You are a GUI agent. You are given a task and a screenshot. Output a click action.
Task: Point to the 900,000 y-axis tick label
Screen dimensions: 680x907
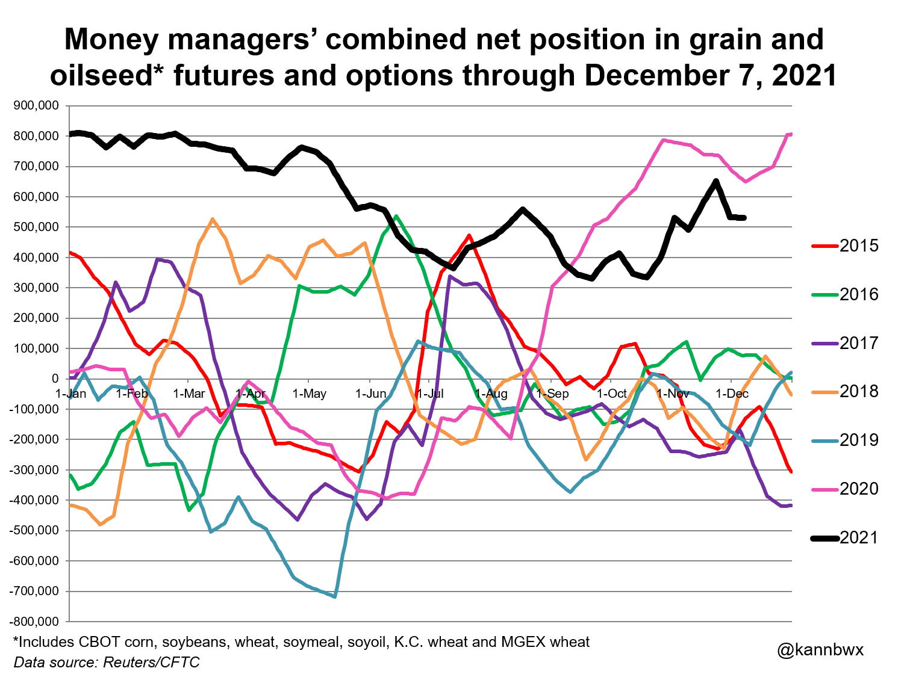point(36,106)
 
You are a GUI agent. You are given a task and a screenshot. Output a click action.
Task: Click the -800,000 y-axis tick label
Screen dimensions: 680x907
point(34,621)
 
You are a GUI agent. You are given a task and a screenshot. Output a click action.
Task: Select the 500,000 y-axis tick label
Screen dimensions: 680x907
point(36,227)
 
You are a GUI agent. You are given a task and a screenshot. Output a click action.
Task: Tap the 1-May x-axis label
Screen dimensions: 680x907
point(309,394)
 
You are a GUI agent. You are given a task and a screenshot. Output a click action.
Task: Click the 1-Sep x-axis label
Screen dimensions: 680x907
point(552,394)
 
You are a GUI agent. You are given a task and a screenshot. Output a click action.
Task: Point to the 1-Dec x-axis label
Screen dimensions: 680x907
point(732,394)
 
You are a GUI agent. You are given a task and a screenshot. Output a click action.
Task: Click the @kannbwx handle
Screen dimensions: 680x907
point(820,650)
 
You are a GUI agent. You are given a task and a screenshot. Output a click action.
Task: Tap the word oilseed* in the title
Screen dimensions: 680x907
point(107,76)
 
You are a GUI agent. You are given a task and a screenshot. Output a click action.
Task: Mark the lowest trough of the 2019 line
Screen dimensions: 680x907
point(334,596)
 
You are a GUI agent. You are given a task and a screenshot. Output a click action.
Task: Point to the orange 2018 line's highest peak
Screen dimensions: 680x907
point(212,220)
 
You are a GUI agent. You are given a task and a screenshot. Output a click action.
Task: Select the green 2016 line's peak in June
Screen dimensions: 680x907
point(396,216)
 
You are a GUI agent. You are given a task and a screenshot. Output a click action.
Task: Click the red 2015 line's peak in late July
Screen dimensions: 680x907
point(469,236)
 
